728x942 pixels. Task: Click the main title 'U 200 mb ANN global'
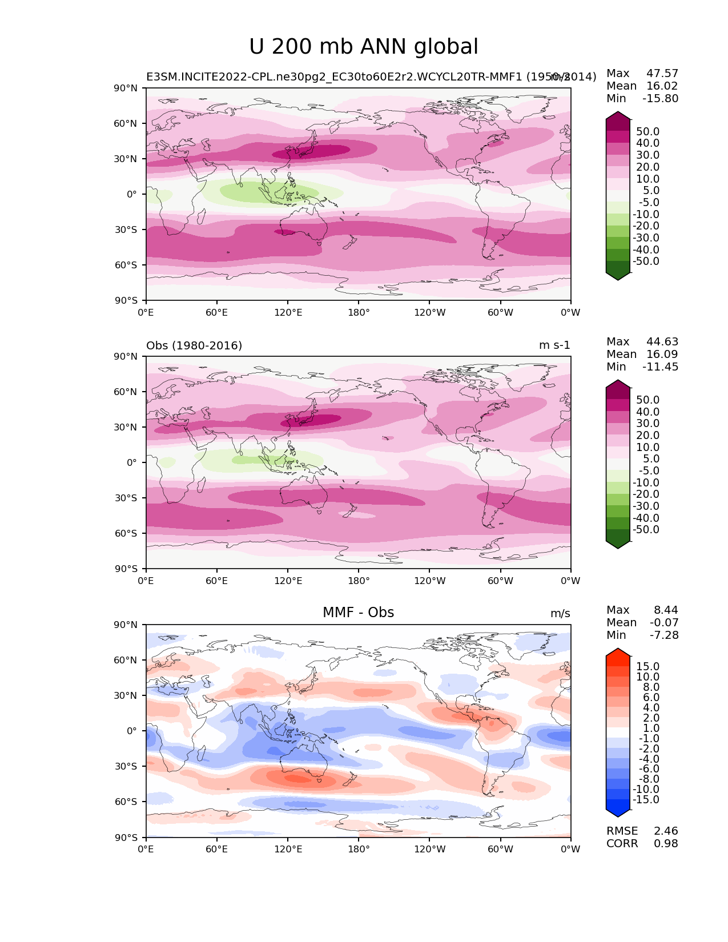364,47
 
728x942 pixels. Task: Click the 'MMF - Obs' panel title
358,613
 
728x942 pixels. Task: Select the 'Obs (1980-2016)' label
194,345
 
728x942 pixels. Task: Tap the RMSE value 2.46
666,831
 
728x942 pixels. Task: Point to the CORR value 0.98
666,843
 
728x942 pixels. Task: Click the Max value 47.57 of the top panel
662,73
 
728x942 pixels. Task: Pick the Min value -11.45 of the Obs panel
660,367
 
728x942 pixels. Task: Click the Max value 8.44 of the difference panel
666,610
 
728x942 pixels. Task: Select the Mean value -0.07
664,622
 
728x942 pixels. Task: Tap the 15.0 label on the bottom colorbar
647,666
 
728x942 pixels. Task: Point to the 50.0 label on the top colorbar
647,131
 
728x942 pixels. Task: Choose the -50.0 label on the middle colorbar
646,529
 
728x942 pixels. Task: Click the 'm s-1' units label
554,345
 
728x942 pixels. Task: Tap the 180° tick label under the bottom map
359,849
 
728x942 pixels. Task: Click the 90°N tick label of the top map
126,88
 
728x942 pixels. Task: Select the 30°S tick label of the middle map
126,498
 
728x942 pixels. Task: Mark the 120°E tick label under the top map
288,312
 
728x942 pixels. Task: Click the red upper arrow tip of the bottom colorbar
618,651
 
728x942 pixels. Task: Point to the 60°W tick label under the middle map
500,581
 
